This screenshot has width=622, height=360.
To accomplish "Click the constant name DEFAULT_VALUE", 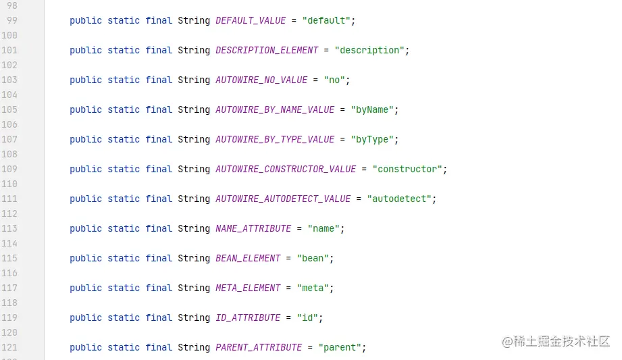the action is tap(251, 21).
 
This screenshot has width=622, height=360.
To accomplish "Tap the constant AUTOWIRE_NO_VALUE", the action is tap(261, 80).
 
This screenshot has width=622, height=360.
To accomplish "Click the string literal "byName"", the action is tap(372, 110).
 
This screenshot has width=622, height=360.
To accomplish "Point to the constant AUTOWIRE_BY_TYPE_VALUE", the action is tap(275, 140).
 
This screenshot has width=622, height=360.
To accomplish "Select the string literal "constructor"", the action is tap(407, 169).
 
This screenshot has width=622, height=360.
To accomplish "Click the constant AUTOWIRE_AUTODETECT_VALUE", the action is tap(283, 199).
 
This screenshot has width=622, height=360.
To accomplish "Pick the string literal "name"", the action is tap(323, 228).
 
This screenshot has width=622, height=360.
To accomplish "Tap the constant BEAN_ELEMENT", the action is tap(248, 259).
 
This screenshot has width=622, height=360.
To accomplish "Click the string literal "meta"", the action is tap(313, 288).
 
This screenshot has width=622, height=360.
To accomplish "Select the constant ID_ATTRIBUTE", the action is tap(248, 318).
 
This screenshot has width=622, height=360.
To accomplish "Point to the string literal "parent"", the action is tap(340, 348).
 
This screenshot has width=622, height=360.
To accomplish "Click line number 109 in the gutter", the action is tap(9, 169).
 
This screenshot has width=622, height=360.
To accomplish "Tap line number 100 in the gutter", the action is tap(9, 35).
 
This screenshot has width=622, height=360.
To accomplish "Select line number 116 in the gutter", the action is tap(9, 273).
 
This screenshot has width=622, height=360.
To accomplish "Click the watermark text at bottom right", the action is tap(555, 341).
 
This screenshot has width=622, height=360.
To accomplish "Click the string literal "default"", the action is tap(326, 21).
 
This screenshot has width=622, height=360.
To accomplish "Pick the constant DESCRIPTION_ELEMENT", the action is tap(267, 51).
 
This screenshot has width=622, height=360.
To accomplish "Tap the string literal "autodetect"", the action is tap(399, 199).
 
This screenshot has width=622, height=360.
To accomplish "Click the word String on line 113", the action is tap(194, 228).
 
